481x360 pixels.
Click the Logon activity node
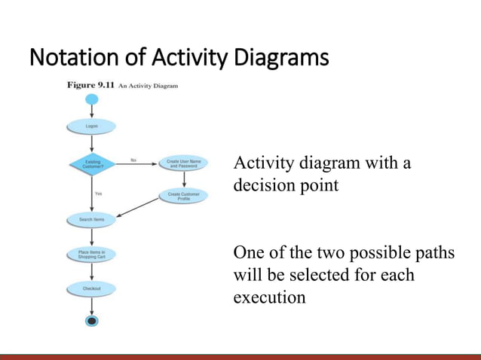click(x=91, y=126)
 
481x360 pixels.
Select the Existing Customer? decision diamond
click(x=91, y=163)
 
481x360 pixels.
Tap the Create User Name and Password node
click(x=184, y=163)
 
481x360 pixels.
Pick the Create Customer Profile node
click(x=184, y=197)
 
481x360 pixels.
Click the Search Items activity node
click(x=91, y=220)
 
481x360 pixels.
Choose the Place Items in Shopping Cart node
click(x=91, y=254)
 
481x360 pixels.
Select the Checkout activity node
click(x=91, y=288)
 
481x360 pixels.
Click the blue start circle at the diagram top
click(x=91, y=99)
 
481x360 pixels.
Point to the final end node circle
click(x=91, y=322)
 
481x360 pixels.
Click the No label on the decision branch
click(x=133, y=159)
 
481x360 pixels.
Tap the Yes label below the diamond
click(x=98, y=194)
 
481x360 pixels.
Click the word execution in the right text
click(x=269, y=297)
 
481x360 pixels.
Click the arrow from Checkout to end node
click(x=91, y=306)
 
